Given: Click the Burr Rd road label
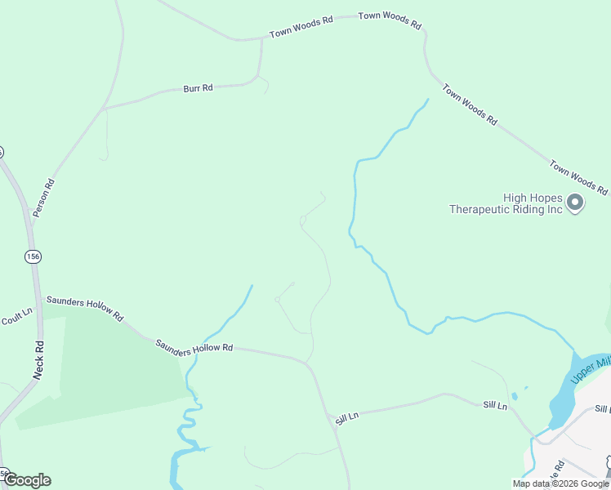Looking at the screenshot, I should click(198, 87).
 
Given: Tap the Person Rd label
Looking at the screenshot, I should click(43, 198).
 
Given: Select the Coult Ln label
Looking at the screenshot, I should click(16, 316).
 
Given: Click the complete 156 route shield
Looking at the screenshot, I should click(33, 256).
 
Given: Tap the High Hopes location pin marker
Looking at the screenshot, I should click(576, 202).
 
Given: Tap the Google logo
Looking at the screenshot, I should click(27, 480).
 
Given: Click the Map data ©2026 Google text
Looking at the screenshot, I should click(560, 483).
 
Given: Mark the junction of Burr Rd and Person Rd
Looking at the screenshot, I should click(104, 108).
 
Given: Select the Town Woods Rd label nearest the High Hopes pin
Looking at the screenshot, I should click(578, 178).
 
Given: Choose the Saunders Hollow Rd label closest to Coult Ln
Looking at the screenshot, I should click(84, 308).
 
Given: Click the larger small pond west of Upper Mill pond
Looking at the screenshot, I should click(524, 388).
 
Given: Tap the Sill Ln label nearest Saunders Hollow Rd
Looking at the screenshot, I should click(347, 417).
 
